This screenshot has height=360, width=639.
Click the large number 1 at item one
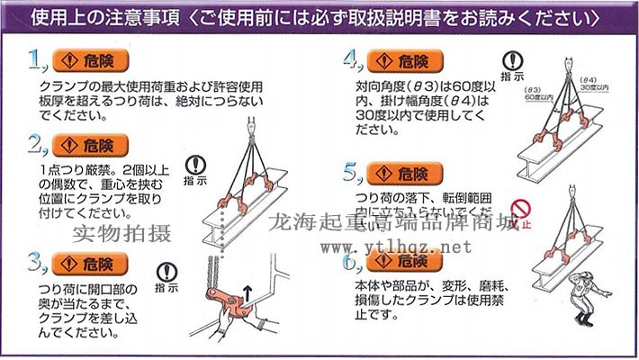(37, 60)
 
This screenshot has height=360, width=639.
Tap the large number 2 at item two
(37, 145)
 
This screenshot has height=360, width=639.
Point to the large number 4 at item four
(352, 60)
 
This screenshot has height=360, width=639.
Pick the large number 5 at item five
(352, 173)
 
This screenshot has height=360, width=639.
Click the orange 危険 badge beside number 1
(91, 61)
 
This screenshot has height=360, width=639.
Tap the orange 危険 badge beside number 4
(404, 61)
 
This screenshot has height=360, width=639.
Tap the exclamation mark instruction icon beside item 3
(166, 271)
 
